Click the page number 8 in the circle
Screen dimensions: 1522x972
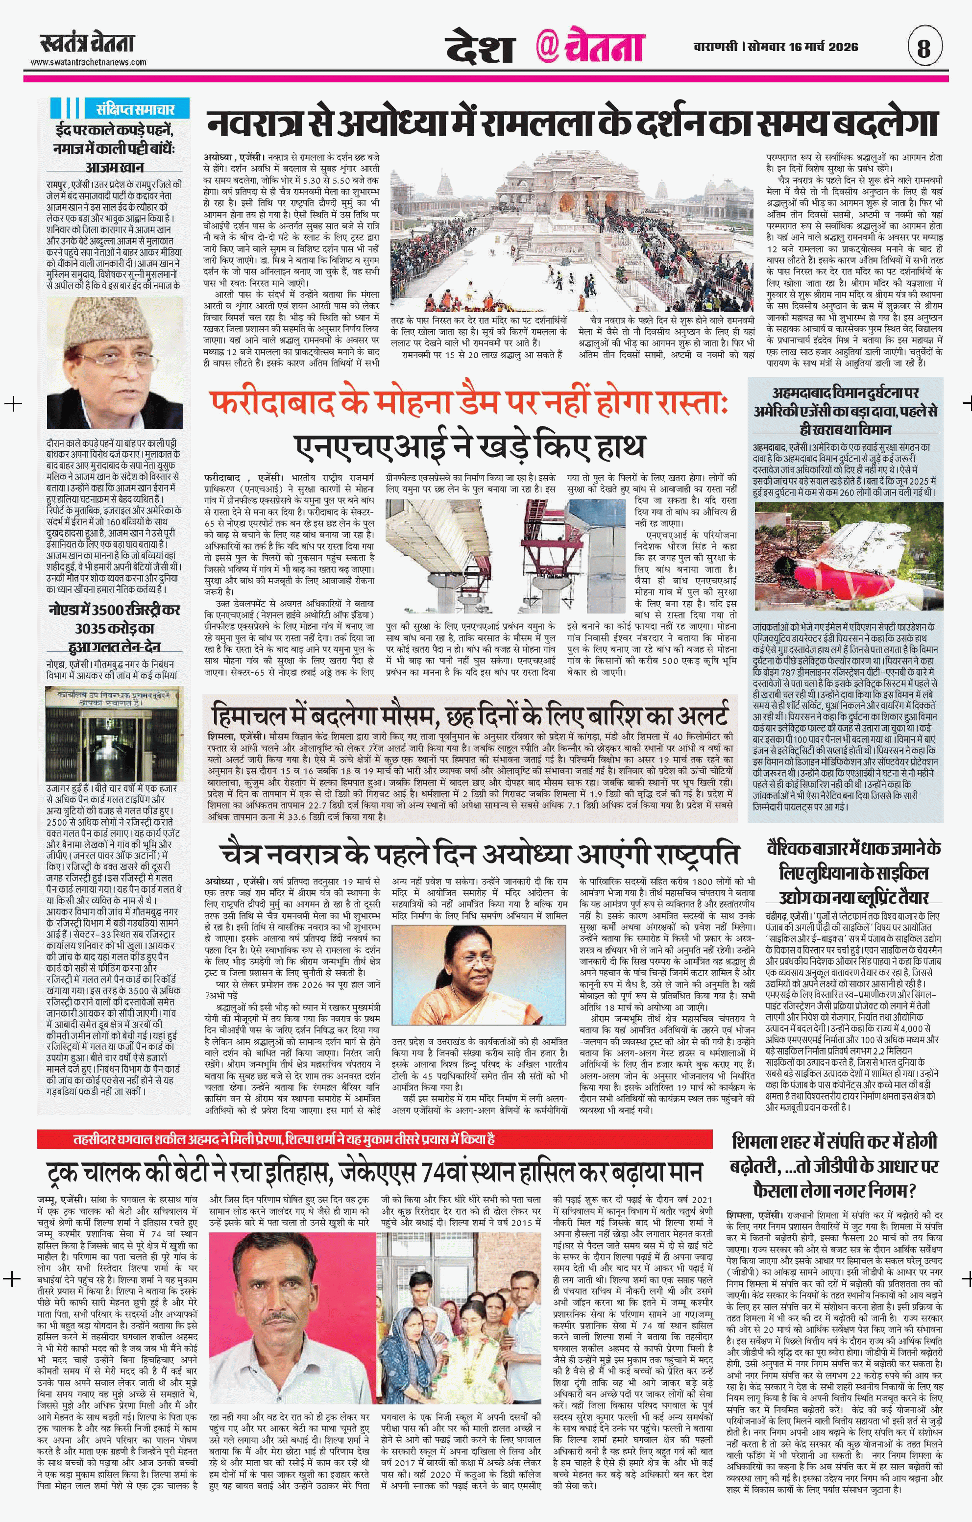[x=924, y=48]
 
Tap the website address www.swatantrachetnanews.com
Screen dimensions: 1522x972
[x=89, y=62]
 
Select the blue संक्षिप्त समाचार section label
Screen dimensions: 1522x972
[x=135, y=109]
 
